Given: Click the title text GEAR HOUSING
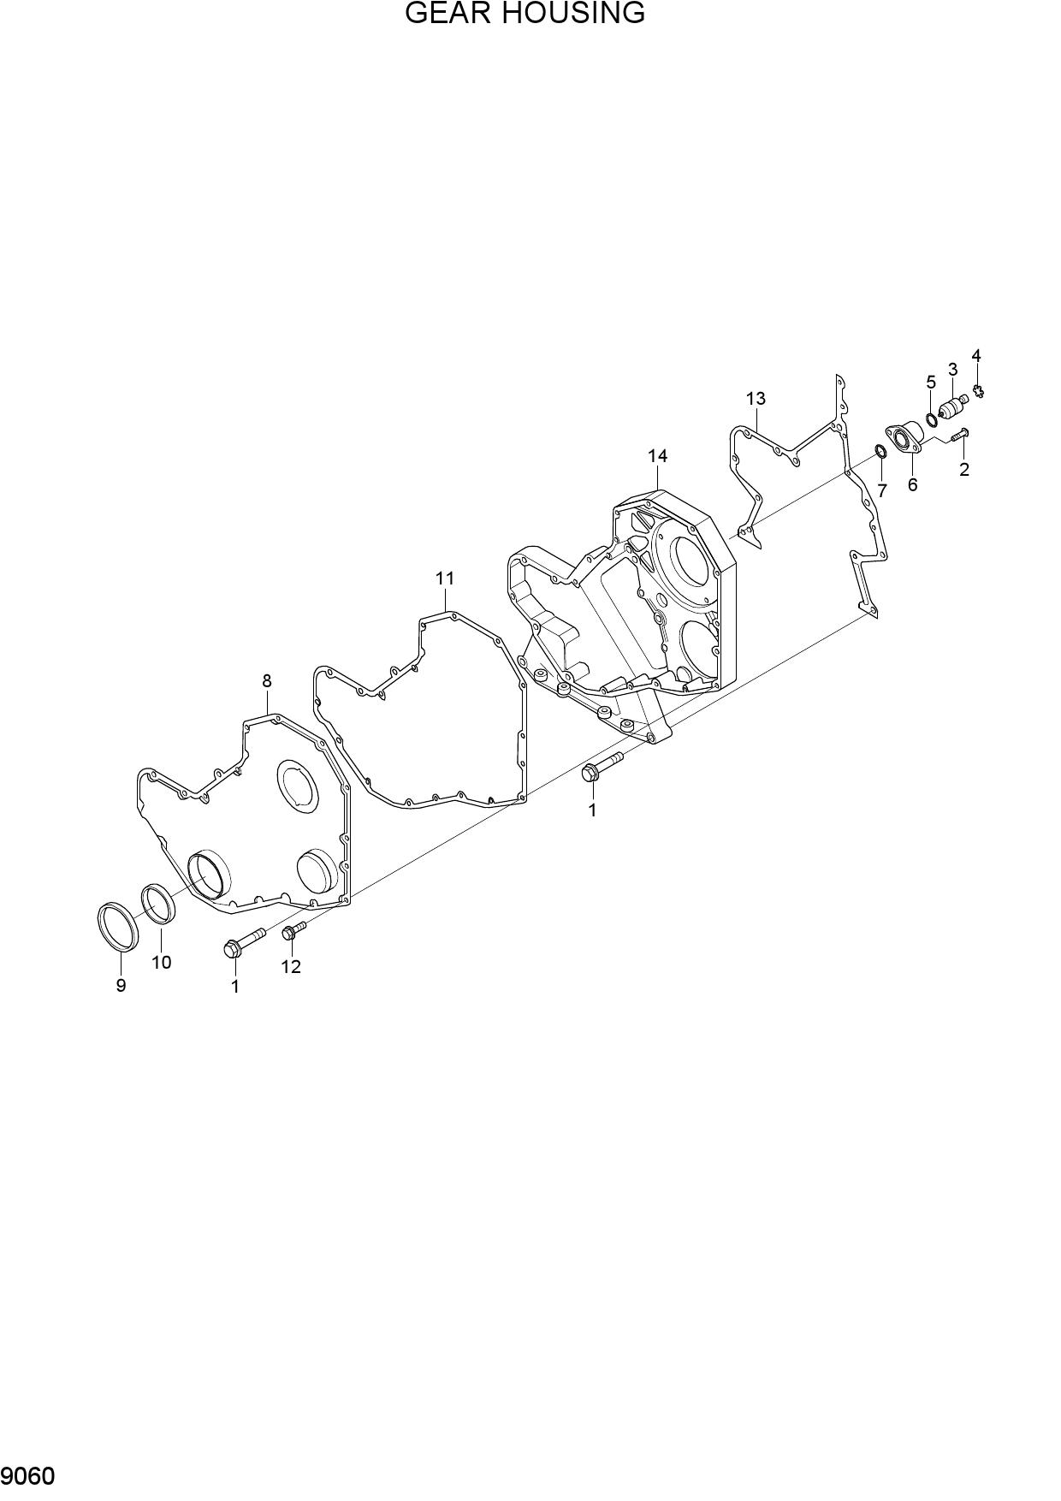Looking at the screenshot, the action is click(x=525, y=14).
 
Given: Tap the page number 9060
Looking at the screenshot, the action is click(x=28, y=1477).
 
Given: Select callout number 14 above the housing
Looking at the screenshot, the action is click(x=657, y=456).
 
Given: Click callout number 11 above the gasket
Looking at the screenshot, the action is click(x=444, y=578).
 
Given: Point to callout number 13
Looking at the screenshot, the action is click(x=755, y=399).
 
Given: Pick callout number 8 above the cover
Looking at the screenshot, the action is click(x=267, y=681).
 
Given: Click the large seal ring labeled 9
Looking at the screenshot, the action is click(x=115, y=925).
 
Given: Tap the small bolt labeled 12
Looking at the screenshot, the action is click(x=293, y=932).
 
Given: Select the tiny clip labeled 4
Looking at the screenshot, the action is click(x=979, y=391).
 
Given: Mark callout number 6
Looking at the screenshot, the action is click(x=912, y=485).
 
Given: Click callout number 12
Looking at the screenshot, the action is click(x=291, y=967).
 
